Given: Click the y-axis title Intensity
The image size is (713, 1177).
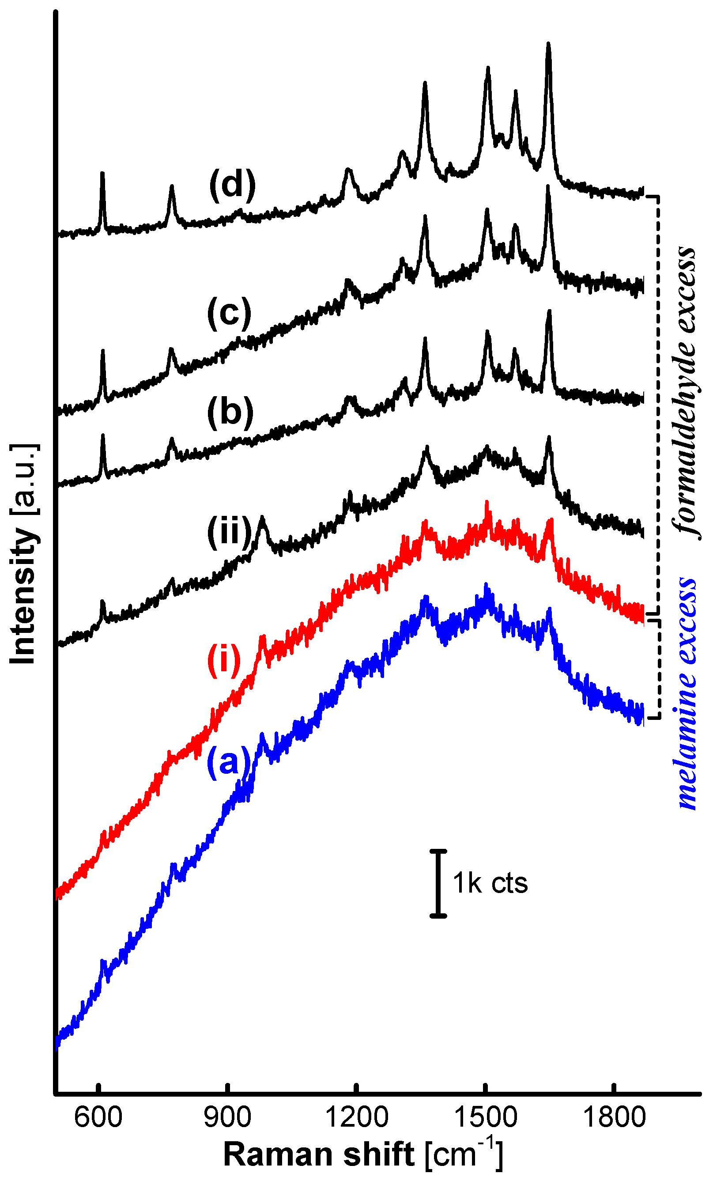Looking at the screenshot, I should tap(23, 554).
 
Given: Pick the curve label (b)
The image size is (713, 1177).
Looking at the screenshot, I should tap(230, 412).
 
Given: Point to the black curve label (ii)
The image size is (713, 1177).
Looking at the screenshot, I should tap(229, 531).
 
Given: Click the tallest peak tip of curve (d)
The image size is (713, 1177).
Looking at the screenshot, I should tap(548, 45).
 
